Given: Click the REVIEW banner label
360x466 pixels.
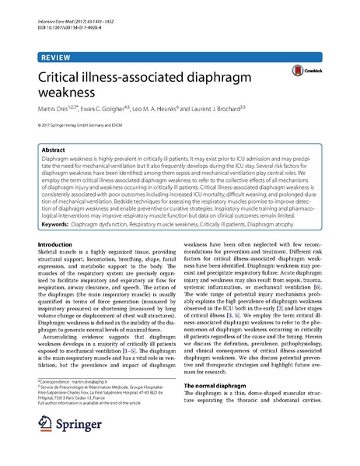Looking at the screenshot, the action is click(54, 58).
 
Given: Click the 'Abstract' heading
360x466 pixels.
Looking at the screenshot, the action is click(54, 149).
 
